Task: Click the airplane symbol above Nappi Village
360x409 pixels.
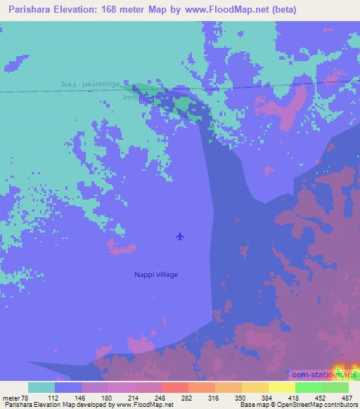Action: click(181, 236)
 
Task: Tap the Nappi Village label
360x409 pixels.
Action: click(156, 275)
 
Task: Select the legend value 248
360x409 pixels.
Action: click(161, 398)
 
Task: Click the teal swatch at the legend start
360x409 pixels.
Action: click(41, 387)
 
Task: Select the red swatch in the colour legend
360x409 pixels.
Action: click(175, 387)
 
